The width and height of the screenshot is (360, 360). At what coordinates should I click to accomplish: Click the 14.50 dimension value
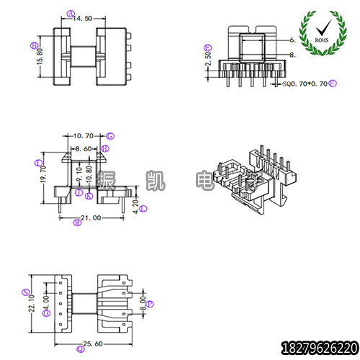(83, 19)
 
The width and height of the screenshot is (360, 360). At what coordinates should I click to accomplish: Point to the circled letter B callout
(34, 45)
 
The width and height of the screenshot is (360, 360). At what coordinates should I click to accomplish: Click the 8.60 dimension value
(83, 148)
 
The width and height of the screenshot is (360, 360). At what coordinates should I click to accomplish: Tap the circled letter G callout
(110, 135)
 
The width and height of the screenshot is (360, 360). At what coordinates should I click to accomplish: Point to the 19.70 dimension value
(44, 174)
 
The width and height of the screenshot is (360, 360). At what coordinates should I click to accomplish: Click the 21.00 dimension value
(91, 217)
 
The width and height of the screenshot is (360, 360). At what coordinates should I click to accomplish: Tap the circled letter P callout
(150, 304)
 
